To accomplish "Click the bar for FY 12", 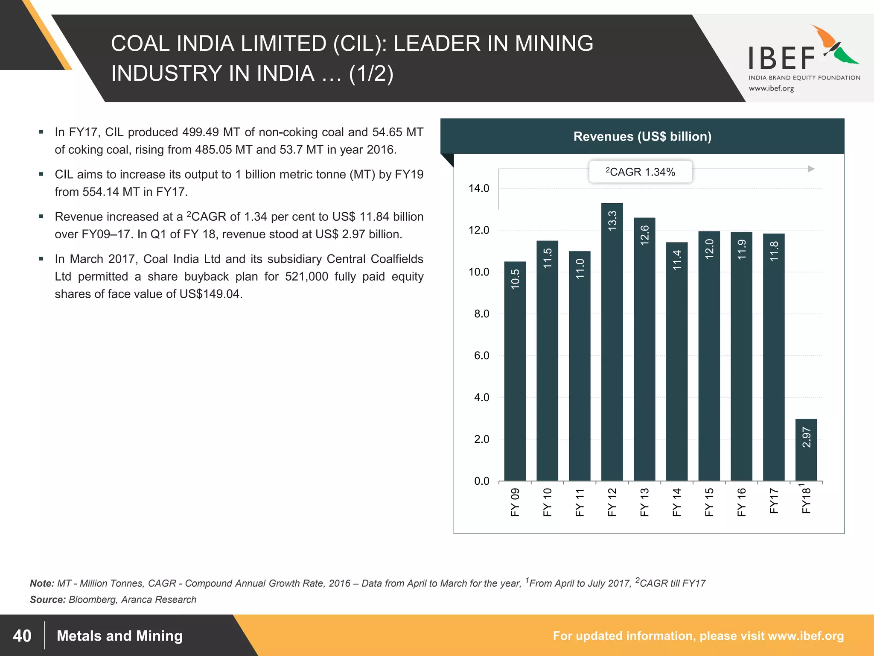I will [612, 342].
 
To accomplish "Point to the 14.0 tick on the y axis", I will [479, 188].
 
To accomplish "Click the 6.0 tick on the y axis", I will [481, 356].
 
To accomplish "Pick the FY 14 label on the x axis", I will [676, 502].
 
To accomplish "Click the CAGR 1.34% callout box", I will [640, 172].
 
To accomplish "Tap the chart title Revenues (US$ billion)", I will [642, 136].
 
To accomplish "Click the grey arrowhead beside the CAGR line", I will [811, 169].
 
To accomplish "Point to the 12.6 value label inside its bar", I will [644, 234].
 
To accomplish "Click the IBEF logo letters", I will [782, 59].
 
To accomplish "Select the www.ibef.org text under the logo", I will [771, 88].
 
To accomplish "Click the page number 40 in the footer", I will [22, 635].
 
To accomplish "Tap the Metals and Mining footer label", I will [119, 635].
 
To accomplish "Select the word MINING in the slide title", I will [554, 44].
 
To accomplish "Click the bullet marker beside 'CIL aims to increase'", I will [41, 174].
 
